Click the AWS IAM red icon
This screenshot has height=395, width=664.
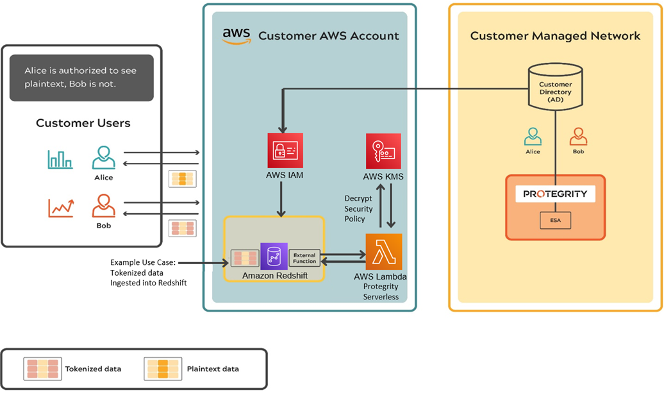[x=285, y=150]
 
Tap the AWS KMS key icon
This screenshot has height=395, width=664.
[x=383, y=151]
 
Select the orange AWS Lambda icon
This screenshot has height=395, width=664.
[x=383, y=251]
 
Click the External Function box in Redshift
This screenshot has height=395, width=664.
[x=304, y=258]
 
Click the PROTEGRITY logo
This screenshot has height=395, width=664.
[x=555, y=194]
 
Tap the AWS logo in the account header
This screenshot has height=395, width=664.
[x=236, y=36]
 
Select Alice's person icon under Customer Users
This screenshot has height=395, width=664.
[x=103, y=158]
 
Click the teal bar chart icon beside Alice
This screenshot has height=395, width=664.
[x=60, y=159]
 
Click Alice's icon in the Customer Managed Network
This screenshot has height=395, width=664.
[x=533, y=137]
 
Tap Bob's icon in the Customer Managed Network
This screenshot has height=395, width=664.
[x=579, y=137]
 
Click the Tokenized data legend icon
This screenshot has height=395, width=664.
[x=43, y=369]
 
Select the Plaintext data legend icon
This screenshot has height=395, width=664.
[x=163, y=369]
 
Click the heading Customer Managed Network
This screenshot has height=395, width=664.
[x=555, y=36]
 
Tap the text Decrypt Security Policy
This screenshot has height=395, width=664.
[x=358, y=208]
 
